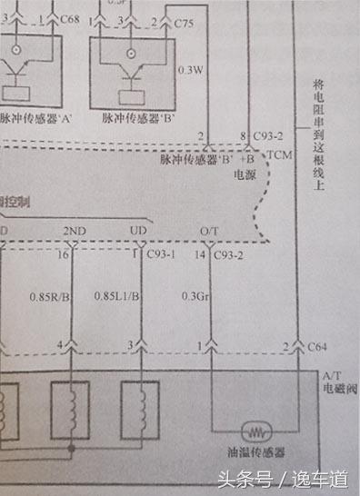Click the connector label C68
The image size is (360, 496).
70,18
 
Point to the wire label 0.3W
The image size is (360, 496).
190,70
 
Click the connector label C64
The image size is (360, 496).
317,346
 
